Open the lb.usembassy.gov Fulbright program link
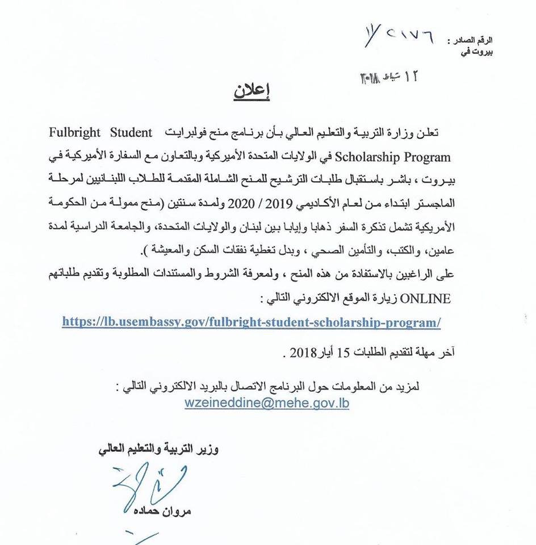(259, 321)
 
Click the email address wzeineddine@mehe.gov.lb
(267, 403)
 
